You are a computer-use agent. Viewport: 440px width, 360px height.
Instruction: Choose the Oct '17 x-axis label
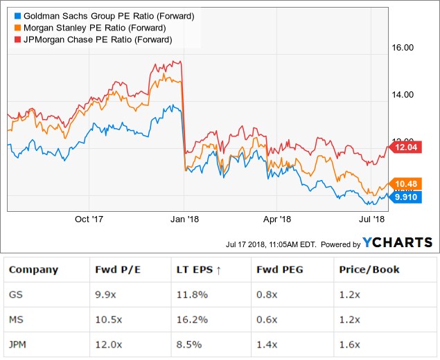[x=88, y=219]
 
